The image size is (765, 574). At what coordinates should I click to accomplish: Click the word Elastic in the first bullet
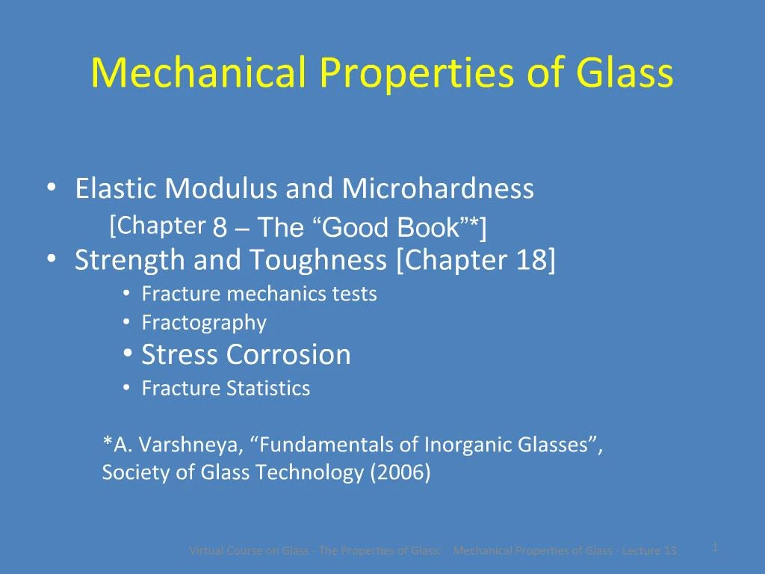[x=117, y=189]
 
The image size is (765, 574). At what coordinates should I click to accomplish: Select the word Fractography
[x=204, y=323]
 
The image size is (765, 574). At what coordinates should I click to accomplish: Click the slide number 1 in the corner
[x=715, y=547]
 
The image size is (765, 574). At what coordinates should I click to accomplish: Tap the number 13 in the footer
[x=669, y=551]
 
